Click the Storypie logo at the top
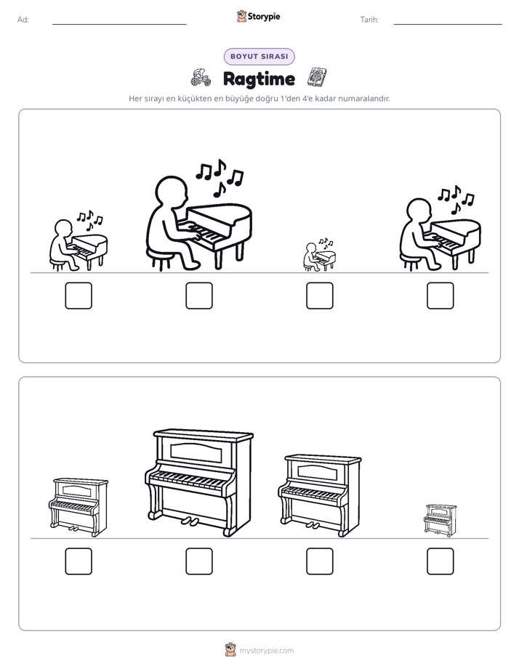point(258,16)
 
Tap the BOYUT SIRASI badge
point(259,57)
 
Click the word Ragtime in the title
point(259,78)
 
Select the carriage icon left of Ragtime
point(201,78)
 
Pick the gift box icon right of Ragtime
point(318,77)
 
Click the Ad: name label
point(23,20)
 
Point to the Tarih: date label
point(369,20)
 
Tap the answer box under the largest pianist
point(199,296)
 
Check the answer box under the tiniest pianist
point(319,296)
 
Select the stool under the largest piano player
point(161,258)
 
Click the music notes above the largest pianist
point(220,177)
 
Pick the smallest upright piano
point(440,520)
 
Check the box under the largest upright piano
point(199,561)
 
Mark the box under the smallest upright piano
point(440,561)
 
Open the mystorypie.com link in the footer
point(266,651)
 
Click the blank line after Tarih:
point(448,24)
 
